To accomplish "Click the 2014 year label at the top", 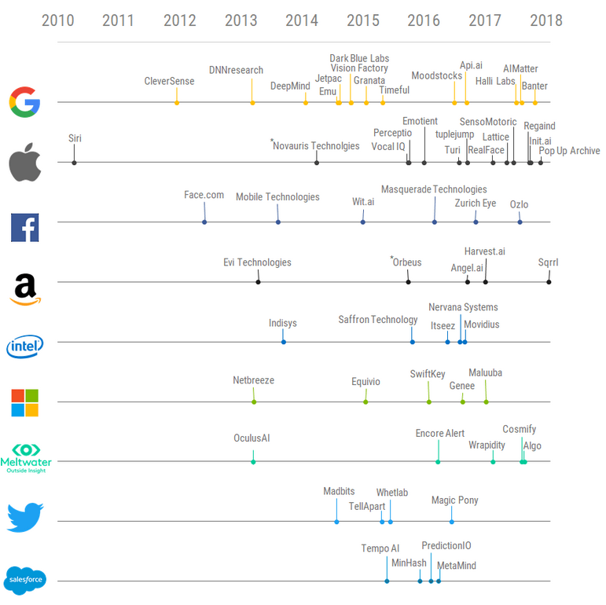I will point(302,20).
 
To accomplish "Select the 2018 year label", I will point(545,20).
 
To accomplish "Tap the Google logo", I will point(25,102).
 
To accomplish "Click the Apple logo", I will point(24,162).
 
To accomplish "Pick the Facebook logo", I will point(24,227).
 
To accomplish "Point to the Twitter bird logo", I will point(25,518).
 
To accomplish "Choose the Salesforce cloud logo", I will point(25,581).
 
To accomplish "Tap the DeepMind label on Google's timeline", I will point(290,86).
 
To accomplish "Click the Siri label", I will point(75,138).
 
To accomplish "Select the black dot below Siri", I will point(74,162).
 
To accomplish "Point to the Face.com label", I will point(204,195).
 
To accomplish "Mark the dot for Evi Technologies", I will point(258,281).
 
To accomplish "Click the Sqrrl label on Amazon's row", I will point(549,262).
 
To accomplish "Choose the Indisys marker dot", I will point(283,342).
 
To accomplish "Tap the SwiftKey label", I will point(428,374).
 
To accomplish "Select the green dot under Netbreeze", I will point(253,401).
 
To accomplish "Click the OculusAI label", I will point(252,438).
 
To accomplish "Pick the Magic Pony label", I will point(454,500).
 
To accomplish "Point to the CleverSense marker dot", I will point(177,102).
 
